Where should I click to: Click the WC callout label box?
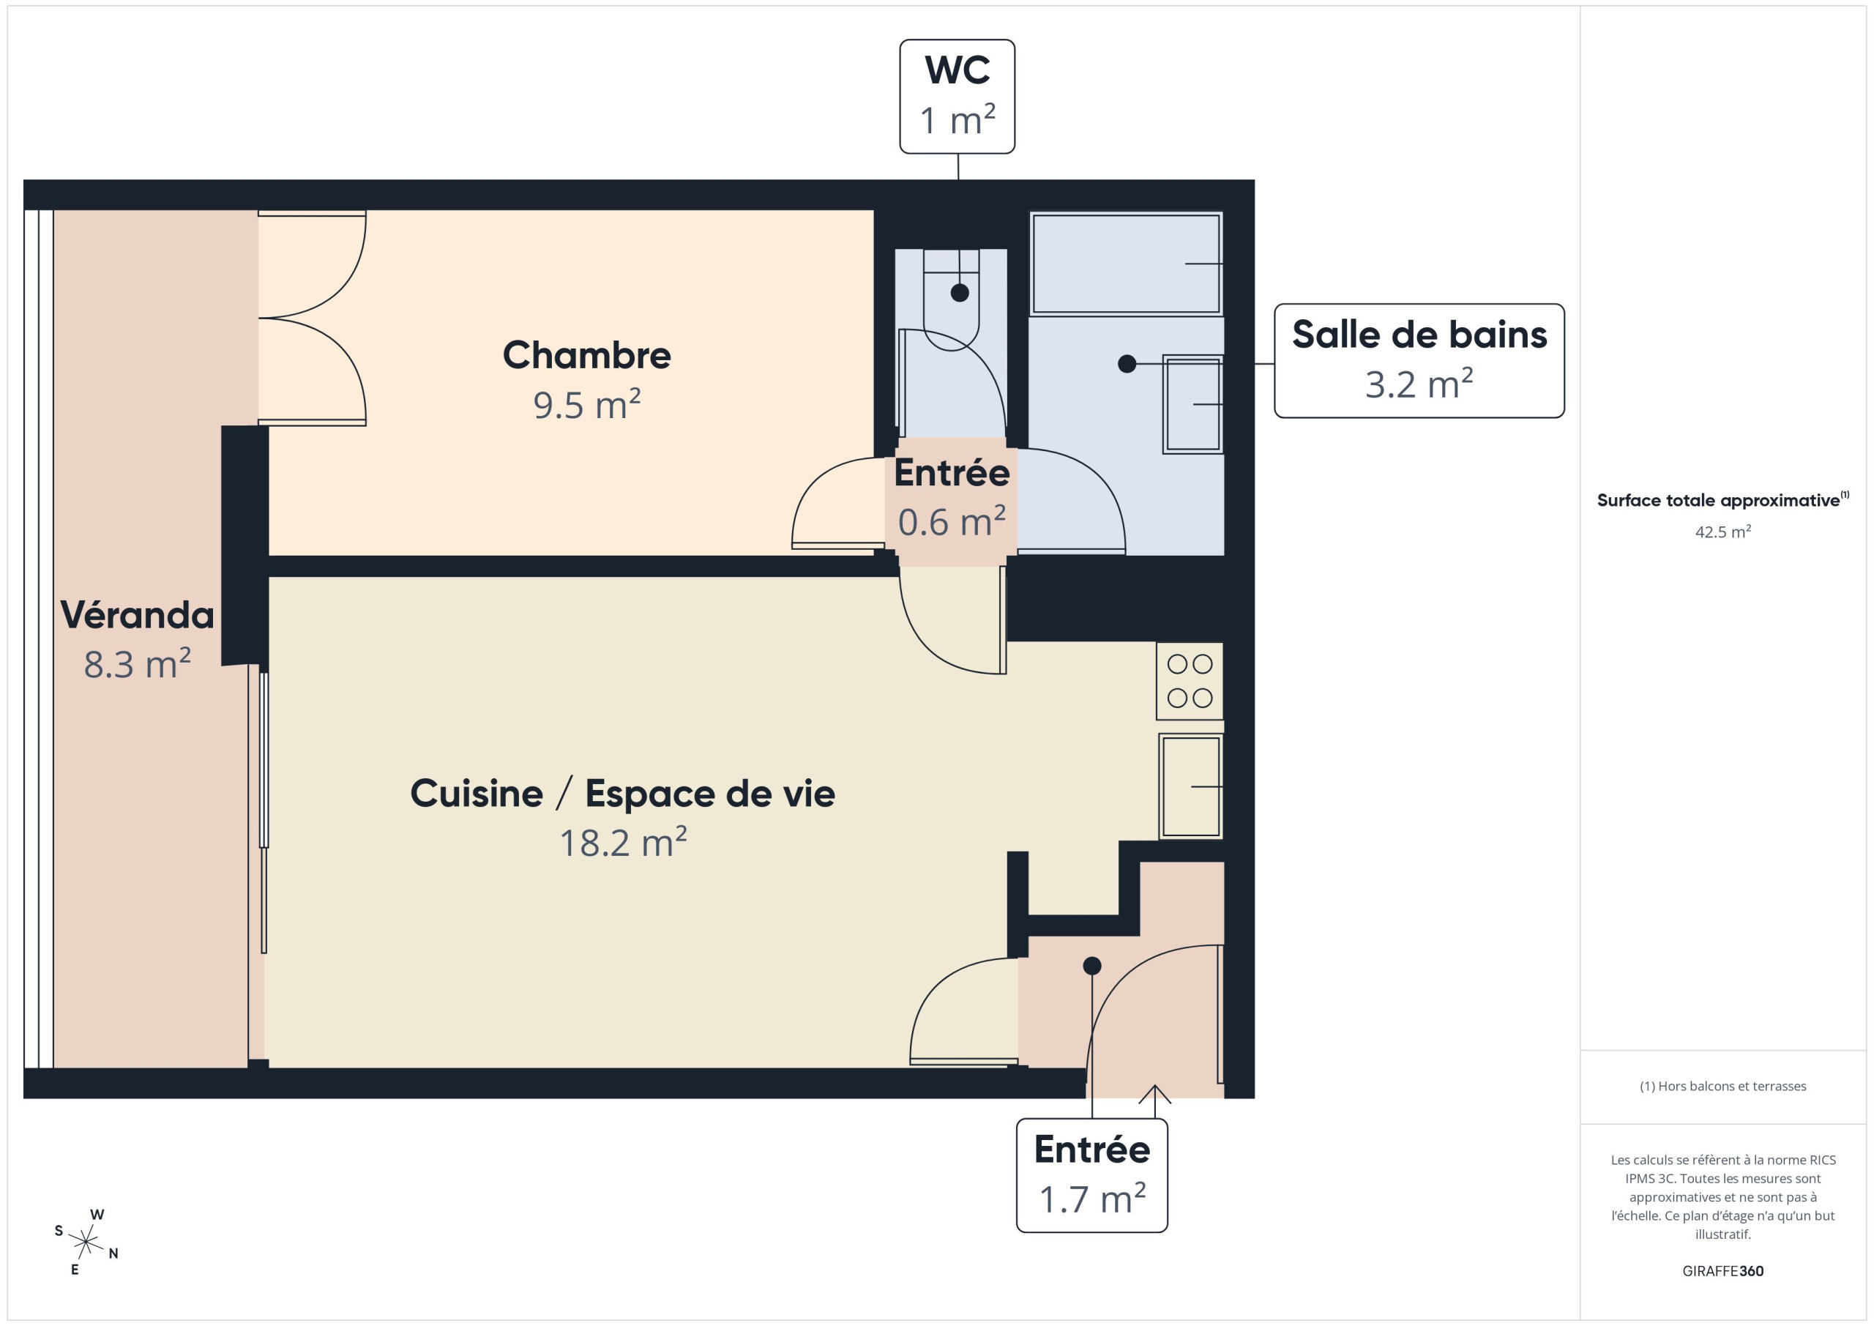[x=957, y=97]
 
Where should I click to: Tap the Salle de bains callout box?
[x=1419, y=361]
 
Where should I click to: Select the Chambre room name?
[x=587, y=355]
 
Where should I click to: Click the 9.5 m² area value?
[x=587, y=404]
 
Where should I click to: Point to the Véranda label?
[x=137, y=615]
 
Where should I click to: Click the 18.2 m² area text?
[x=624, y=842]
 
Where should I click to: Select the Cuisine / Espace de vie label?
[x=623, y=794]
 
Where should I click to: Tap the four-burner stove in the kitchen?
[x=1190, y=681]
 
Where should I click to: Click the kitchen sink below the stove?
[x=1191, y=786]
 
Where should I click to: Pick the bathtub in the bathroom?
[x=1127, y=264]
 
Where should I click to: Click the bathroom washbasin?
[x=1192, y=404]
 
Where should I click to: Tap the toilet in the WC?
[x=952, y=299]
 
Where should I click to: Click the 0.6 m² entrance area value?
[x=952, y=522]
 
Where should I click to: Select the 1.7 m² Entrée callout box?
[x=1092, y=1175]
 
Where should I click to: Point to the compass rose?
[x=86, y=1242]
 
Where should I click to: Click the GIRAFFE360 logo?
[x=1722, y=1271]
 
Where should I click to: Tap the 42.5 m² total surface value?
[x=1723, y=532]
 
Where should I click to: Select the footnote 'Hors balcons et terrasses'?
[x=1723, y=1086]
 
